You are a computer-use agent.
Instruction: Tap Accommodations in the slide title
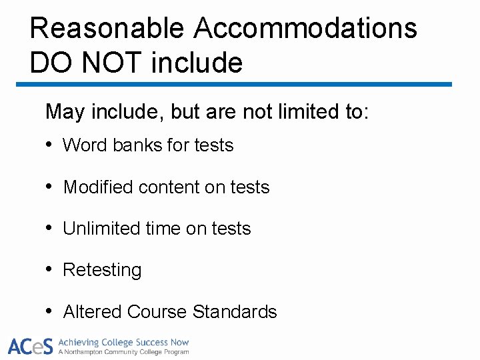tap(305, 28)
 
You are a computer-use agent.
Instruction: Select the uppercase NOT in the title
tap(113, 63)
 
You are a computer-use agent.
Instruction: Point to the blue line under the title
tap(233, 85)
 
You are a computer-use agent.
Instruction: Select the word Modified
tap(98, 187)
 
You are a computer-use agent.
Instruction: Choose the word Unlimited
tap(101, 229)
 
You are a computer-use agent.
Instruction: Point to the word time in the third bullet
tap(162, 229)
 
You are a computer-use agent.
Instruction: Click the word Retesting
tap(102, 270)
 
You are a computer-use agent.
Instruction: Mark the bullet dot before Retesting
tap(50, 270)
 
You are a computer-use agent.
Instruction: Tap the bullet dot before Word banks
tap(50, 145)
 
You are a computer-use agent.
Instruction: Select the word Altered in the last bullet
tap(92, 311)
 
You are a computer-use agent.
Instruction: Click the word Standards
tap(234, 311)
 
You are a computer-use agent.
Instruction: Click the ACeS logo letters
tap(30, 346)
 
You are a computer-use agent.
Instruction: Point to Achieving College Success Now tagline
tap(124, 342)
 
